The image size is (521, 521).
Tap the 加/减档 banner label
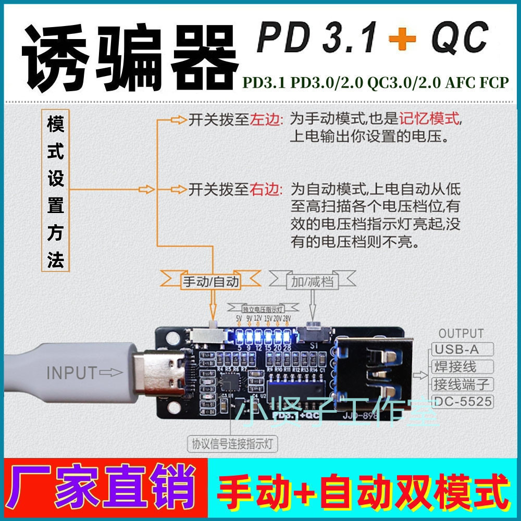tap(312, 282)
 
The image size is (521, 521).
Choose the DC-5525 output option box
tap(462, 401)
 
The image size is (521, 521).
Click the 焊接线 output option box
tap(455, 366)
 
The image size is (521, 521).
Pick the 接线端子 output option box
tap(462, 384)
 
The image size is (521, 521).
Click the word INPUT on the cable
tap(72, 373)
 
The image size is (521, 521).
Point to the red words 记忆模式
tap(430, 119)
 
